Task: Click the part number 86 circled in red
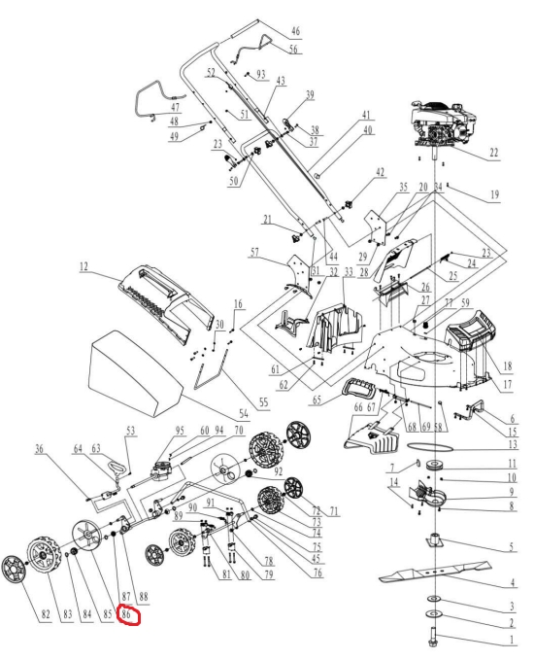click(x=126, y=614)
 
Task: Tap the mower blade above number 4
click(x=435, y=571)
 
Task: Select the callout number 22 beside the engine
click(x=494, y=153)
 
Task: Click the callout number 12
click(x=83, y=266)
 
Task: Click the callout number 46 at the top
click(x=295, y=31)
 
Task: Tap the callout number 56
click(x=293, y=49)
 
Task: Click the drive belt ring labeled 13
click(x=430, y=446)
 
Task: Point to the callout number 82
click(x=46, y=614)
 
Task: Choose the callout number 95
click(x=180, y=431)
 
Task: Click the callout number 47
click(x=175, y=107)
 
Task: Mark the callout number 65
click(x=317, y=399)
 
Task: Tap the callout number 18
click(x=508, y=365)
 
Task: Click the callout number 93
click(x=261, y=74)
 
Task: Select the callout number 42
click(x=380, y=173)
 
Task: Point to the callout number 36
click(x=39, y=449)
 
